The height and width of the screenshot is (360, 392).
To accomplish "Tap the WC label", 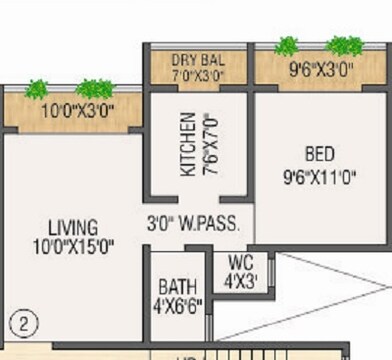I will point(240,264).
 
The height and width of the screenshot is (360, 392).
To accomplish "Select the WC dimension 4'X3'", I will point(240,281).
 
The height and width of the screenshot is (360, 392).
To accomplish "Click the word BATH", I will point(177,287).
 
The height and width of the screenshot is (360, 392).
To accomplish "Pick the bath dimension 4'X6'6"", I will point(177,305).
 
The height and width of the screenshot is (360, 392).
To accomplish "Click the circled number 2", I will point(20,324).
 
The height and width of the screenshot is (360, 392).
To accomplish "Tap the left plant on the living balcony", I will point(37,89).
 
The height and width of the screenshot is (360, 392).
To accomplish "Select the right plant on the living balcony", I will point(95,89).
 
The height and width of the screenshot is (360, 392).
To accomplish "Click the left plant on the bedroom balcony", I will point(287,46).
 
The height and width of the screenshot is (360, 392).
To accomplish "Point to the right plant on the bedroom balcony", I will point(345,45).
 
